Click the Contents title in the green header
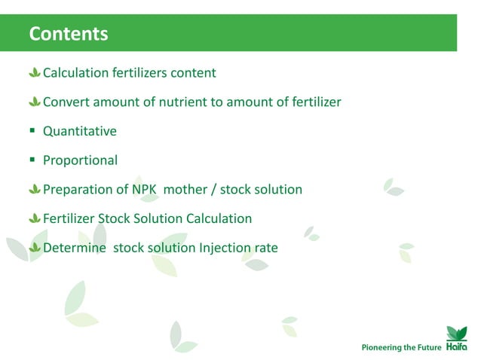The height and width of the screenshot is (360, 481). [x=68, y=34]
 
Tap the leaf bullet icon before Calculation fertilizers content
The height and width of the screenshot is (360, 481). [x=34, y=73]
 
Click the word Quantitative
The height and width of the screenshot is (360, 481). [x=79, y=131]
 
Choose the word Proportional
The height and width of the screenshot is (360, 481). [x=80, y=160]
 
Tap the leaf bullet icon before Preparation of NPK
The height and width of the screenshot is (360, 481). [x=34, y=189]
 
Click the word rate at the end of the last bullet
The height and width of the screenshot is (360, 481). [x=265, y=247]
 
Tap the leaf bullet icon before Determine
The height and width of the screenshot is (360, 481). [x=34, y=247]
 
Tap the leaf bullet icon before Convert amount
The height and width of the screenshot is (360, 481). [x=34, y=102]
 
